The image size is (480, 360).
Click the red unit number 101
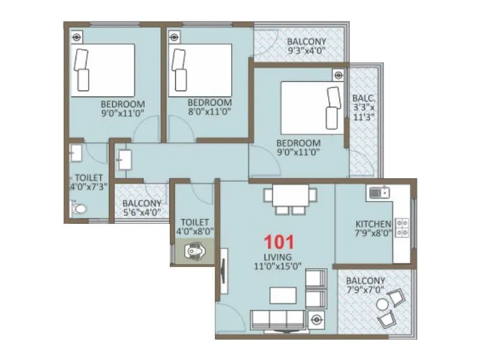click(280, 242)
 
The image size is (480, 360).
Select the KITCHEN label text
click(373, 224)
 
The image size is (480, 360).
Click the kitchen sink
click(377, 193)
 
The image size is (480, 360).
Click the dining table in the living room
click(291, 196)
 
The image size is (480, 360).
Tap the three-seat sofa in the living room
click(278, 320)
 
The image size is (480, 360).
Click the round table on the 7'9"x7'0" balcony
click(383, 305)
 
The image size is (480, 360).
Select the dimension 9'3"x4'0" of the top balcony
click(307, 51)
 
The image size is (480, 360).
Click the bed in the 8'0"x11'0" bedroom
click(200, 70)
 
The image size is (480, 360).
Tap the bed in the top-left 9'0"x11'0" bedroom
click(103, 70)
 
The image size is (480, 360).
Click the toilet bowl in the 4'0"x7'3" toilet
click(78, 209)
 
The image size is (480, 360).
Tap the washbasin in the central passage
click(124, 160)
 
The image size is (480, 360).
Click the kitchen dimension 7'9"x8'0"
click(373, 234)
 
